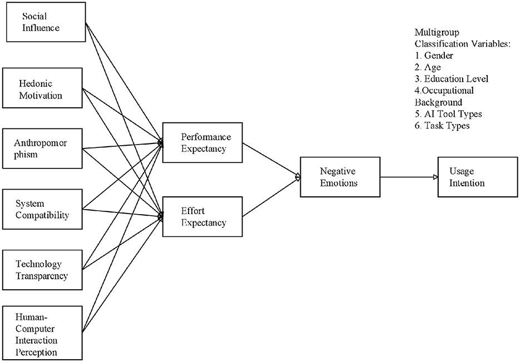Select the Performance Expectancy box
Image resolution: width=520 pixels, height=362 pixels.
point(202,142)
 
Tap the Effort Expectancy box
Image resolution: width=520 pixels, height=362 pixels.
point(202,217)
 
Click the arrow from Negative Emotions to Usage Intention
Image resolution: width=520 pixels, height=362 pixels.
point(409,177)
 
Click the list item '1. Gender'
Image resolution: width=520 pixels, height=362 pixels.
point(434,56)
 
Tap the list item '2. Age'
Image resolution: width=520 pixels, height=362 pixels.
point(429,67)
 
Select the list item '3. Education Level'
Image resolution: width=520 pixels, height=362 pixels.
point(451,78)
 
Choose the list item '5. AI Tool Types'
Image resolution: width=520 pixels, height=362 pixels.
point(448,114)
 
